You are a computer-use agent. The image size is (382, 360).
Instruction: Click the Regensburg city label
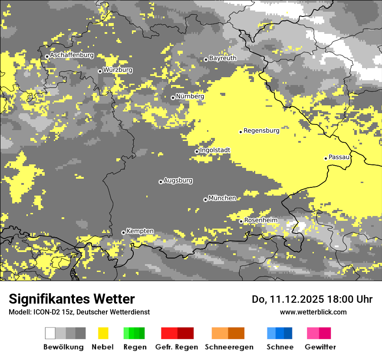pos(261,130)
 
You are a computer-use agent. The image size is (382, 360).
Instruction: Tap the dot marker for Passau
pos(326,158)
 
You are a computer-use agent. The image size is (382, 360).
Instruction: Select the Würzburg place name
pos(118,70)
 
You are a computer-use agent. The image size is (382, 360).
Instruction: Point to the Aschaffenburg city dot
pos(47,56)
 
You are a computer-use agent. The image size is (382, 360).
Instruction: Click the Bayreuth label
pos(223,58)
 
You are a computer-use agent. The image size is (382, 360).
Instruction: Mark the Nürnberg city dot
pos(173,98)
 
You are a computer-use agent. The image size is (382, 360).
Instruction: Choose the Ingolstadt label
pos(215,150)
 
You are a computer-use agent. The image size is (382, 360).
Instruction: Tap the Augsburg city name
pos(178,180)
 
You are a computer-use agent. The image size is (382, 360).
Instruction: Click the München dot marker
pos(205,200)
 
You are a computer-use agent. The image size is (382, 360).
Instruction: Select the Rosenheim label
pos(260,220)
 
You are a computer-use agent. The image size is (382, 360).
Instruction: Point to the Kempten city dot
pos(123,232)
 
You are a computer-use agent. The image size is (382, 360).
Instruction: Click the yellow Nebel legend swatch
pos(103,333)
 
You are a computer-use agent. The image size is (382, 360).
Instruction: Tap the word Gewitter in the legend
pos(320,347)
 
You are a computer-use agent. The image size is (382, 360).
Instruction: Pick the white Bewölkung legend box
pos(50,333)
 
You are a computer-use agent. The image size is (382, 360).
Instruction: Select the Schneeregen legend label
pos(229,347)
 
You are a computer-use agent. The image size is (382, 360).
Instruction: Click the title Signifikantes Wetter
pos(72,299)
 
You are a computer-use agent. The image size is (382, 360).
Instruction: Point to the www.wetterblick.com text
pos(313,312)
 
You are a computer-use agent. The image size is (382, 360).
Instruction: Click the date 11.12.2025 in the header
pos(292,299)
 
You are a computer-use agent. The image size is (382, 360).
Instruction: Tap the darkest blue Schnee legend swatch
pos(288,333)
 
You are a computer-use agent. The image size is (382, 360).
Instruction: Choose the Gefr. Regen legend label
pos(177,347)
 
